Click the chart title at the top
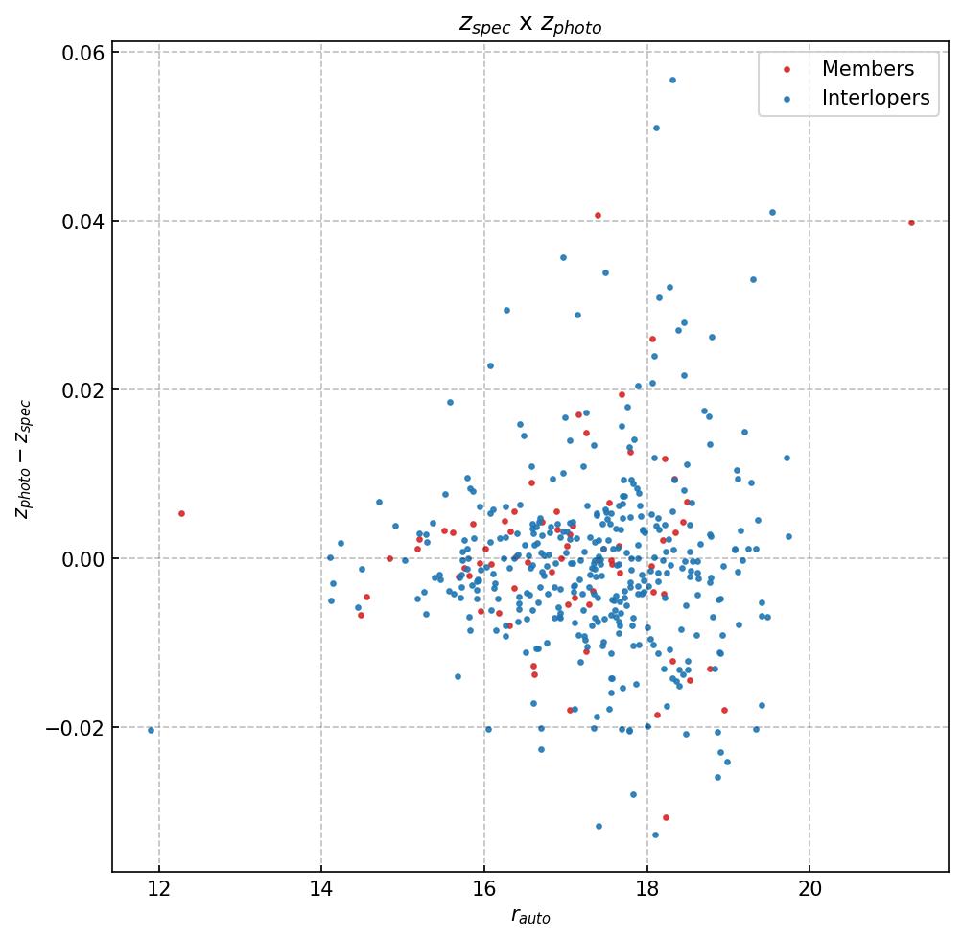(x=529, y=25)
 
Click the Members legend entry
(x=867, y=69)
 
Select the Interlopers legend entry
(x=875, y=98)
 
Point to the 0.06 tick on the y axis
(x=83, y=52)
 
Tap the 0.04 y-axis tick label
(x=83, y=221)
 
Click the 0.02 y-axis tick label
(x=83, y=389)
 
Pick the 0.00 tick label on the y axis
(x=83, y=558)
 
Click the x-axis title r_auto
(x=529, y=917)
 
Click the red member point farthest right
(x=911, y=223)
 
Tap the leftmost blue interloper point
(x=151, y=730)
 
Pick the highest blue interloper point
(x=672, y=80)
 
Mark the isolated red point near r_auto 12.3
(x=181, y=513)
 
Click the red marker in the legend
(x=787, y=69)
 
